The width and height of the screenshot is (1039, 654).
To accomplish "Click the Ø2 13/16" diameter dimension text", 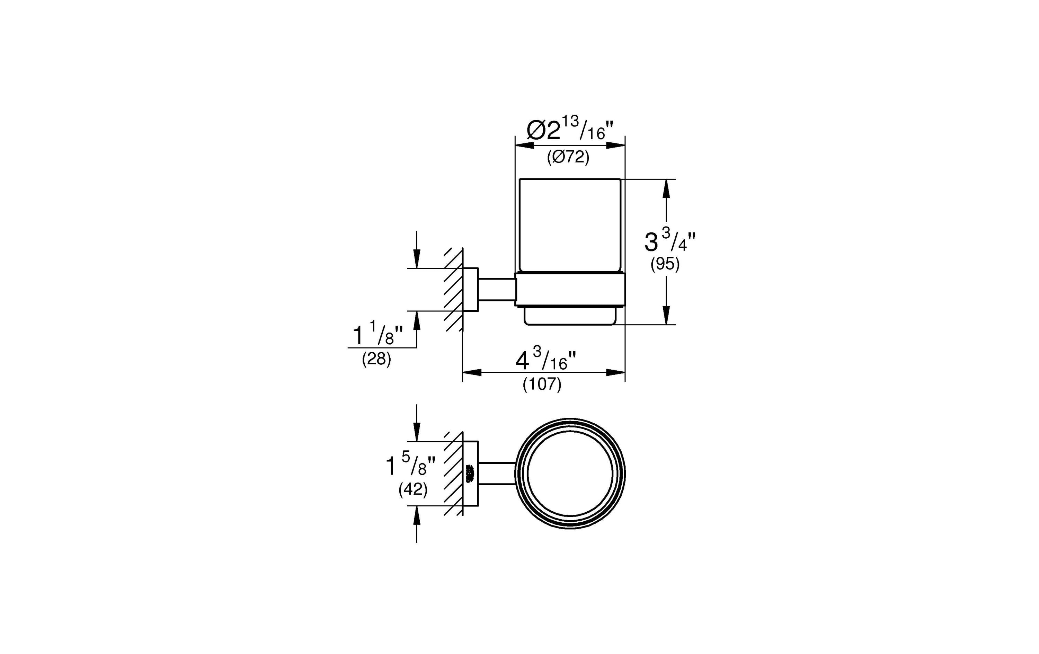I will [570, 130].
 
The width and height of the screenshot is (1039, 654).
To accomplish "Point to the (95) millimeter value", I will [665, 264].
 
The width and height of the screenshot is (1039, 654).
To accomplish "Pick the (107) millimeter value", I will [542, 384].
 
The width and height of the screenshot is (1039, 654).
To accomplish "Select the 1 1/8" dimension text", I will [378, 335].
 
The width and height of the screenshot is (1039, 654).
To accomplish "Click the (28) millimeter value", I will [376, 359].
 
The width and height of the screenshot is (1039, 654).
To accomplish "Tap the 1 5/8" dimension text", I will [410, 465].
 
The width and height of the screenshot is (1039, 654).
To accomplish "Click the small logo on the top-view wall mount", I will [470, 474].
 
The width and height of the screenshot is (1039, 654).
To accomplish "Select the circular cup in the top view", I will [570, 474].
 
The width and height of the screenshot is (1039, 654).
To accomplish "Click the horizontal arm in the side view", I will [497, 289].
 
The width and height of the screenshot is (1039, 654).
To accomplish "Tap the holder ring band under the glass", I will [570, 290].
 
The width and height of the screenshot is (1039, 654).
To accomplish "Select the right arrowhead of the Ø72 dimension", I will [615, 145].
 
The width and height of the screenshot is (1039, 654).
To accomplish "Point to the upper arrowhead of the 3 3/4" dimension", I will [666, 189].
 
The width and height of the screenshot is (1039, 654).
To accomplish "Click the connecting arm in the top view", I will [497, 474].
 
